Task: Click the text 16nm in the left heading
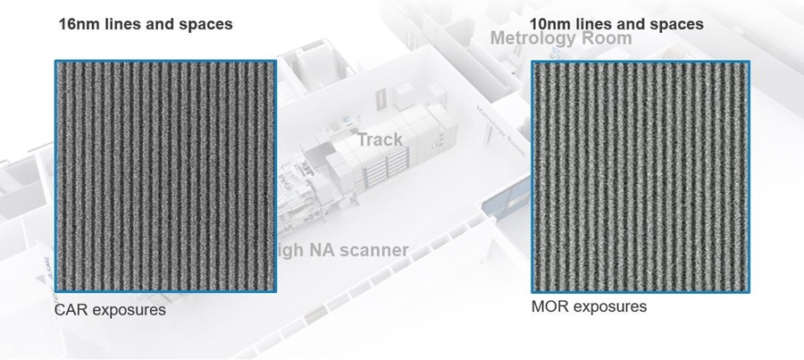click(79, 24)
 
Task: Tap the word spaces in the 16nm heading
click(203, 24)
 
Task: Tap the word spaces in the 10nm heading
click(674, 23)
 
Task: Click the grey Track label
click(380, 139)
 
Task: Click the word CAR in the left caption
click(72, 311)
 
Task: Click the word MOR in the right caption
click(549, 307)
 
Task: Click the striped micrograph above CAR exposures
click(165, 176)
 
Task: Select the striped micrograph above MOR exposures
click(641, 176)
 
